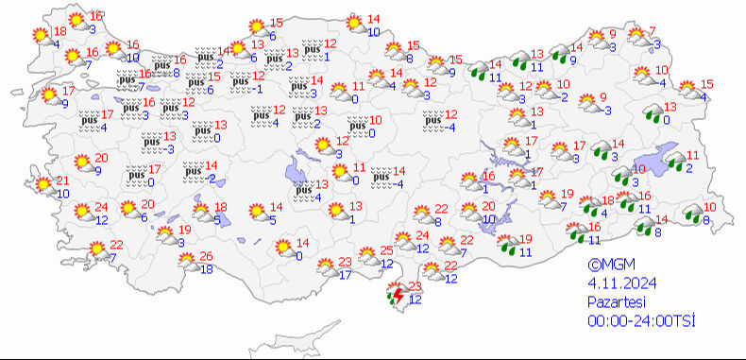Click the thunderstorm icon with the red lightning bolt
tap(395, 298)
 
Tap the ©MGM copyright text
tap(606, 266)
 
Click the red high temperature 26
tap(206, 257)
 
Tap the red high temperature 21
tap(63, 180)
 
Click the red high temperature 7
tap(652, 31)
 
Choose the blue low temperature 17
tap(345, 275)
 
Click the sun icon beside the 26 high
tap(185, 264)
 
